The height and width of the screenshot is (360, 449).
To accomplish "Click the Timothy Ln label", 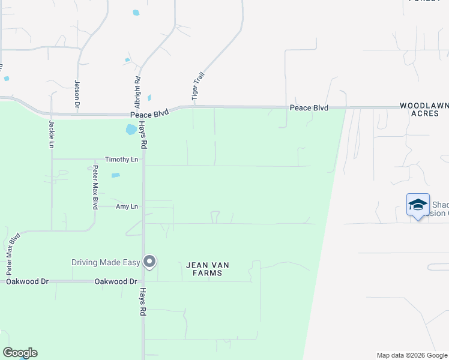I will click(121, 160).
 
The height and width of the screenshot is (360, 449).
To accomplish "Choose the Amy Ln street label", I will click(126, 206).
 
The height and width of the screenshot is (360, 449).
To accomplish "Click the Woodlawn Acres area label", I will click(424, 109).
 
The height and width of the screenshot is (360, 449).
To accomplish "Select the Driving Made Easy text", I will click(105, 262).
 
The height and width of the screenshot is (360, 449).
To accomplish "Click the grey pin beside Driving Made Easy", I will click(149, 261).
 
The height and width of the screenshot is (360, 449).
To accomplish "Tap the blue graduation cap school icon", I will click(418, 205).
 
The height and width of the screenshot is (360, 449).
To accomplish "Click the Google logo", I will click(20, 353).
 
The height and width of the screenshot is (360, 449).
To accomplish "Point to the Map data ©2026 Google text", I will click(411, 355).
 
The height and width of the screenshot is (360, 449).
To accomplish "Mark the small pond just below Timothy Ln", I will click(116, 175).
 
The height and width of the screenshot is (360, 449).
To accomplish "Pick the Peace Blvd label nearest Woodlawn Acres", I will click(309, 108).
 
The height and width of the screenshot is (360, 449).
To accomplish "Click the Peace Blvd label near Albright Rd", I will click(149, 114).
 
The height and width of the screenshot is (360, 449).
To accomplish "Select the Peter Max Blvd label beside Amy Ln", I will click(95, 187).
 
